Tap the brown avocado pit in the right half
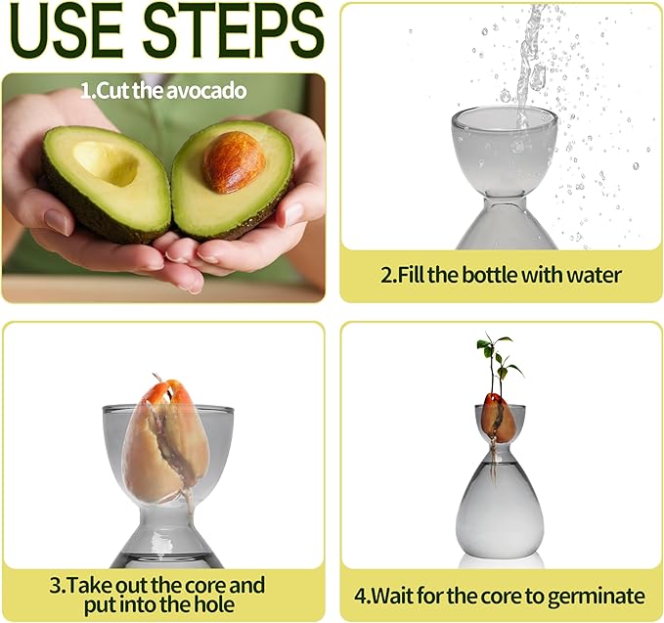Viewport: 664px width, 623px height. point(233,160)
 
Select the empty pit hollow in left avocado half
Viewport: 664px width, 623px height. point(106,161)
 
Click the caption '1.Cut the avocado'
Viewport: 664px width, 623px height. point(163,91)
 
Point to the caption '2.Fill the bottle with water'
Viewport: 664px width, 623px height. point(501,275)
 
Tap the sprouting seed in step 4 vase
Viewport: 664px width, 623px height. point(498,417)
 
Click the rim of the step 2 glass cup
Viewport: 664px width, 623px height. point(504,115)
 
